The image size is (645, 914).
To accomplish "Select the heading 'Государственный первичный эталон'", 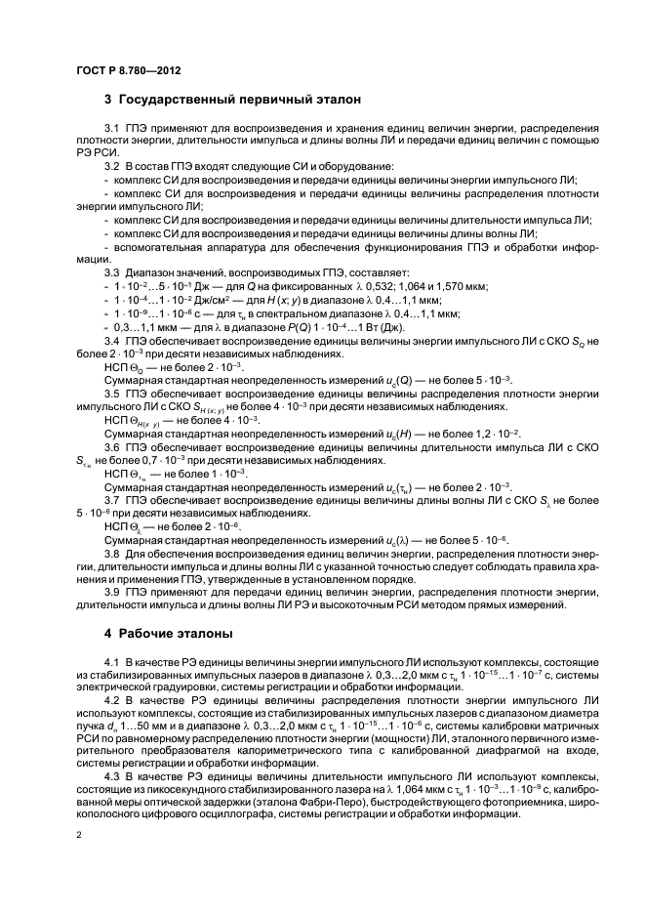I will click(x=239, y=100).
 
